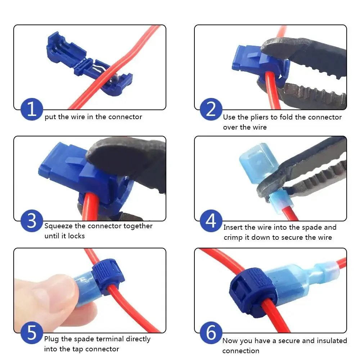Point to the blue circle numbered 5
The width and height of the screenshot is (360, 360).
[x=32, y=333]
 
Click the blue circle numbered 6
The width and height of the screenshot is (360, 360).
[x=211, y=333]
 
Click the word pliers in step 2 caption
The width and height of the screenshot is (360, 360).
[x=261, y=117]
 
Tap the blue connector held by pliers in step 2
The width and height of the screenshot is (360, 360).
[x=252, y=61]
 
